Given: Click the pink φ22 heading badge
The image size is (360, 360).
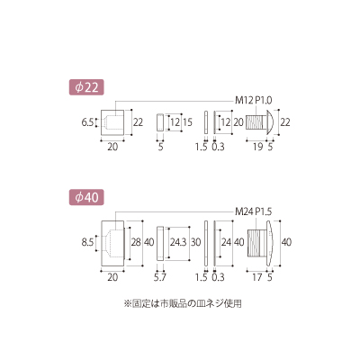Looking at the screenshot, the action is [86, 87].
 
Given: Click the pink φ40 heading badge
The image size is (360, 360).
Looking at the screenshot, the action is [86, 197].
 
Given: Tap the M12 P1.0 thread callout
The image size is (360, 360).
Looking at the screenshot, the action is [254, 101].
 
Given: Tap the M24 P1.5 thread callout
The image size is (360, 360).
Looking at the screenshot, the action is [254, 211].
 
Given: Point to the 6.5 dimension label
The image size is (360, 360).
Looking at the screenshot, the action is [87, 122].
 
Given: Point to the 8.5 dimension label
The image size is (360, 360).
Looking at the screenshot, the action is [87, 242].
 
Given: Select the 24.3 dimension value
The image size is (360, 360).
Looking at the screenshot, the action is [178, 242].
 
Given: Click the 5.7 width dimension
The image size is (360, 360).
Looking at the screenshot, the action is [160, 277].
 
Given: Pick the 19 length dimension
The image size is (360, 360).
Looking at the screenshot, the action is [257, 147].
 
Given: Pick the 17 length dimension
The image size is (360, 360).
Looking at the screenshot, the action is [257, 277].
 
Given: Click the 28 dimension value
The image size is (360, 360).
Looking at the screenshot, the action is [136, 242].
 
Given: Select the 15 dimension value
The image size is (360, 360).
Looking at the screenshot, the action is [187, 122].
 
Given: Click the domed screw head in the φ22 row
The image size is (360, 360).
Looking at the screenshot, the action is [269, 122].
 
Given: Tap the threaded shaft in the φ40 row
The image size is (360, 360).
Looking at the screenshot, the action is [256, 242].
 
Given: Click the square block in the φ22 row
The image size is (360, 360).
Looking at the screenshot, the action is [112, 122].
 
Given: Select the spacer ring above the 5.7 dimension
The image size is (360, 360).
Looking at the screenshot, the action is [160, 242].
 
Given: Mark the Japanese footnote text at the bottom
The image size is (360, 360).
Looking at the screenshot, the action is [183, 303].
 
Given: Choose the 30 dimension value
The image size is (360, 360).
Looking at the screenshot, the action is [196, 242].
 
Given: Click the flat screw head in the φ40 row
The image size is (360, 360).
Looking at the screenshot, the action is [270, 242].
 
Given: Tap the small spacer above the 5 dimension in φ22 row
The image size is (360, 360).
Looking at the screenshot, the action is [160, 122].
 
